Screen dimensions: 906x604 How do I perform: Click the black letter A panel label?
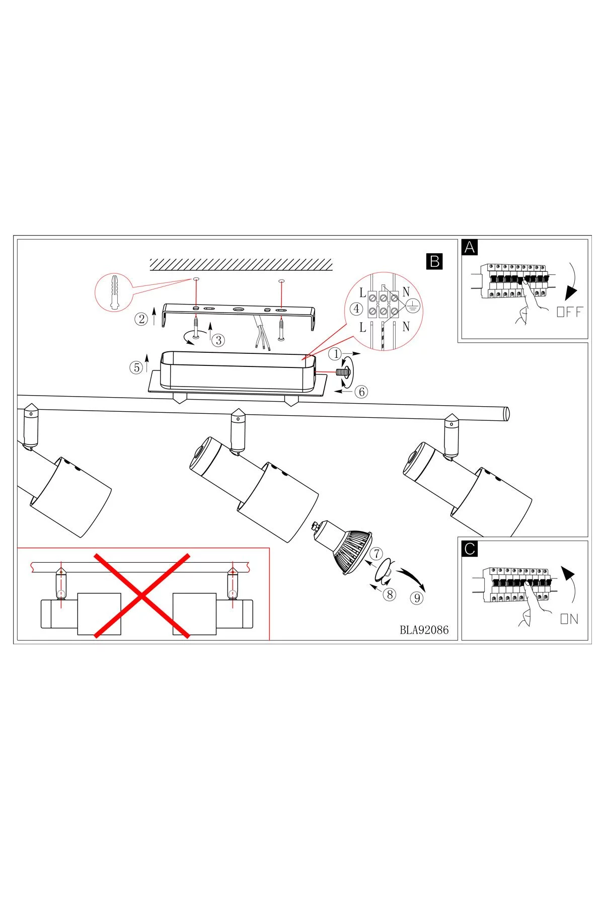coord(470,248)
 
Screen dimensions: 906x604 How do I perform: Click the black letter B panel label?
coord(434,261)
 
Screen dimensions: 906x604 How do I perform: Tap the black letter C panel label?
coord(470,549)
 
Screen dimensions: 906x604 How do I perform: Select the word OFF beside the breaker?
coord(569,312)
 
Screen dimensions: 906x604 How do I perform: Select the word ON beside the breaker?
coord(569,619)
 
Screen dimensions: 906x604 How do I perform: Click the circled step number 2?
coord(141,319)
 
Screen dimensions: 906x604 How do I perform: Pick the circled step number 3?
coord(218,340)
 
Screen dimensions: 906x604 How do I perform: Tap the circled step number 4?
coord(357,308)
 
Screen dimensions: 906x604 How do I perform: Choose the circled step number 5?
coord(137,367)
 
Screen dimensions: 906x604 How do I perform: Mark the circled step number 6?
coord(361,391)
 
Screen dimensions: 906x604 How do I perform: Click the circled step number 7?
coord(376,554)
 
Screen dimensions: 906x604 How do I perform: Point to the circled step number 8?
coord(389,594)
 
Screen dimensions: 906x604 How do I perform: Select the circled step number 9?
coord(416,598)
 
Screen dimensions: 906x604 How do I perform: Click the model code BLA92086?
coord(424,630)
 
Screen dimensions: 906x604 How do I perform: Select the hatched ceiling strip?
coord(241,264)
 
